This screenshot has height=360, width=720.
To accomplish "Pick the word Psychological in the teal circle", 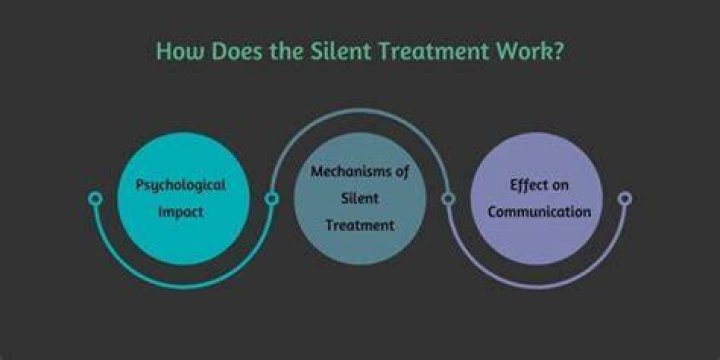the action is click(x=180, y=186).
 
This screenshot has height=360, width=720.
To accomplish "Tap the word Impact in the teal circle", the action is click(x=180, y=213).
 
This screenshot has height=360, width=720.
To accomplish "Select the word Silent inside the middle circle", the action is click(x=360, y=198).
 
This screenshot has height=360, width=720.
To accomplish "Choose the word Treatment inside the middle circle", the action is click(x=360, y=225).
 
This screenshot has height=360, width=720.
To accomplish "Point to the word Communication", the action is click(x=539, y=212).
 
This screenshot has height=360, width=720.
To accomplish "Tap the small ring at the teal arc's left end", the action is click(x=95, y=198).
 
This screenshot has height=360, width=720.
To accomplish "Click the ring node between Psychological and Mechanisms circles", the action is click(x=271, y=198).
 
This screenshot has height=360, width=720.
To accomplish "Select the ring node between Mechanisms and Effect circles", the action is click(x=448, y=198).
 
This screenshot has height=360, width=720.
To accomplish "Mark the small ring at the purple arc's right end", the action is click(x=624, y=198).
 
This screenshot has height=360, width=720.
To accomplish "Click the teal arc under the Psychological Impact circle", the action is click(x=183, y=287).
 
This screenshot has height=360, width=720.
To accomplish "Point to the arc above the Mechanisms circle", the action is click(x=360, y=110).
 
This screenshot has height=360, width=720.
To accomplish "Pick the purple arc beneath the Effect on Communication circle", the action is click(x=536, y=287).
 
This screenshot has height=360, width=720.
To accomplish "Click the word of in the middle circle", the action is click(x=401, y=172).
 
